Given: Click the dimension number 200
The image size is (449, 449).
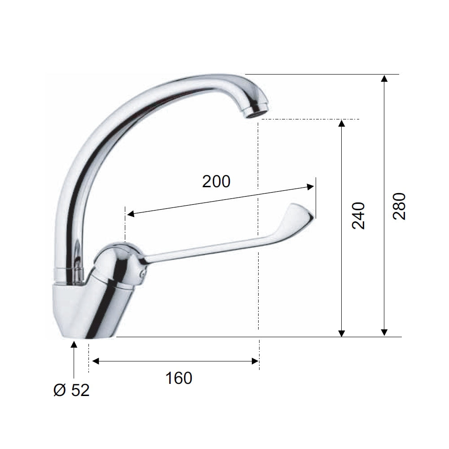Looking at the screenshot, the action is coord(216,181).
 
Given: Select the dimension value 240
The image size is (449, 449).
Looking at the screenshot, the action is coord(358,216).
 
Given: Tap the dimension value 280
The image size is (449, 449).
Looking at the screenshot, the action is coord(399,206).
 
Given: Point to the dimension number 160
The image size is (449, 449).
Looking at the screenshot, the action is coord(179,378).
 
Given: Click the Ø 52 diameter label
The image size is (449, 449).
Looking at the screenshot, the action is coord(71,390).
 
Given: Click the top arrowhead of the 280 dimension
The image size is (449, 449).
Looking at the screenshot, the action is coord(384,78).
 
